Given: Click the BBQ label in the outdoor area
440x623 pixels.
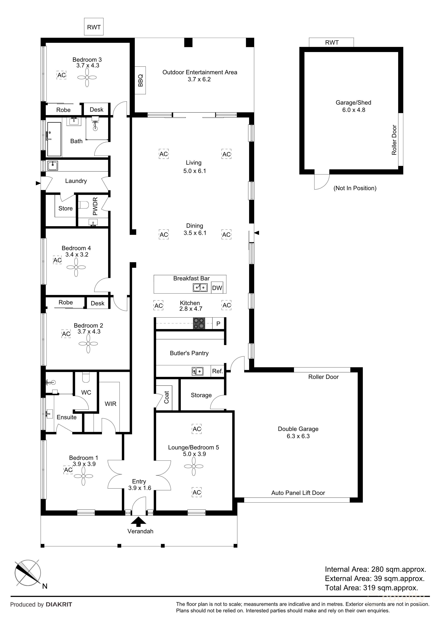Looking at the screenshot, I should pos(140,80).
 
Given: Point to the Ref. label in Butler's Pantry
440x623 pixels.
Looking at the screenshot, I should pos(217,371).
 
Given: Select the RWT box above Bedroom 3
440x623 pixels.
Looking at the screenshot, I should pos(94,27).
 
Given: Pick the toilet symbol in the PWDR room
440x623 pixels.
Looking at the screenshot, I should pos(84,205).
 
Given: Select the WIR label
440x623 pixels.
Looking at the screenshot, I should pos(110,404).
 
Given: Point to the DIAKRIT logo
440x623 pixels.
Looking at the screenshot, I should pos(59,604).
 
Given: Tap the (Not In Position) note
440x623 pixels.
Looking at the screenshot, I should pos(355,188).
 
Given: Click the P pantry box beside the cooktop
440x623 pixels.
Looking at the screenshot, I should pos(218,323).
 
